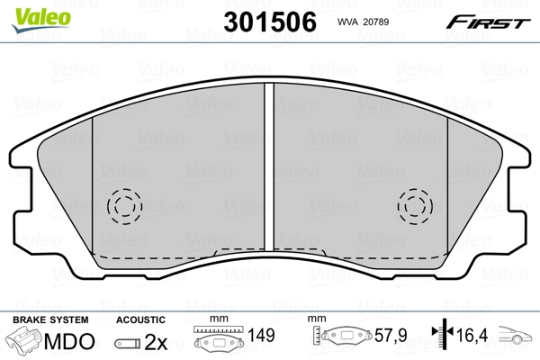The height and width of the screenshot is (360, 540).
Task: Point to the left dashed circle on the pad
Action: click(125, 206)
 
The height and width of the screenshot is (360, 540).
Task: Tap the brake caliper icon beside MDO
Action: click(24, 341)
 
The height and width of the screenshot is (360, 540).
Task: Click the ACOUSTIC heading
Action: click(140, 319)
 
